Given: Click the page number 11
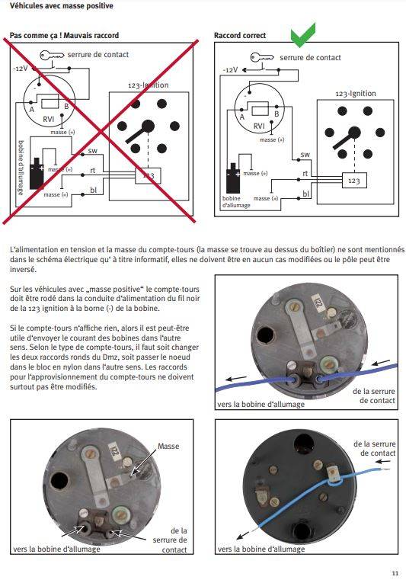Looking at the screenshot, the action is click(x=395, y=573).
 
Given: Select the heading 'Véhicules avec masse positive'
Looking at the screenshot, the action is click(x=62, y=6).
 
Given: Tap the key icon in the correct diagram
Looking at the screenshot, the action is click(x=262, y=57).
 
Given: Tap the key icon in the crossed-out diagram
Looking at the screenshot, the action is click(x=52, y=55).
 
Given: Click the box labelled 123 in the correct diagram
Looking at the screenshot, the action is click(x=354, y=181).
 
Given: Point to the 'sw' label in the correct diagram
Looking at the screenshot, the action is click(x=305, y=154).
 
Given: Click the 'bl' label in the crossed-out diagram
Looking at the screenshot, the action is click(x=93, y=190).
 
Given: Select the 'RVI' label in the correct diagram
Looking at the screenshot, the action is click(x=259, y=126).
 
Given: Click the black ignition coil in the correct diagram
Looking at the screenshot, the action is click(x=233, y=178).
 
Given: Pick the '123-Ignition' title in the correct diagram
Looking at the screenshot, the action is click(x=356, y=93).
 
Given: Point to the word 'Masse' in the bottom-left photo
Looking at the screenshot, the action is click(x=168, y=446).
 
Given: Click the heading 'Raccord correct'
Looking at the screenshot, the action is click(x=240, y=36).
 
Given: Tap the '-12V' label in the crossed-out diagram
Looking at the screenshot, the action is click(x=21, y=69).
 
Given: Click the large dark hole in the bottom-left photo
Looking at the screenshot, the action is click(x=59, y=481).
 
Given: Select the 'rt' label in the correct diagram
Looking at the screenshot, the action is click(x=305, y=173).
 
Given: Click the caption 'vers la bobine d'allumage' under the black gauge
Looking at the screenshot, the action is click(x=261, y=549).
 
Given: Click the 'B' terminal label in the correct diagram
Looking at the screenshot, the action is click(x=277, y=114).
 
